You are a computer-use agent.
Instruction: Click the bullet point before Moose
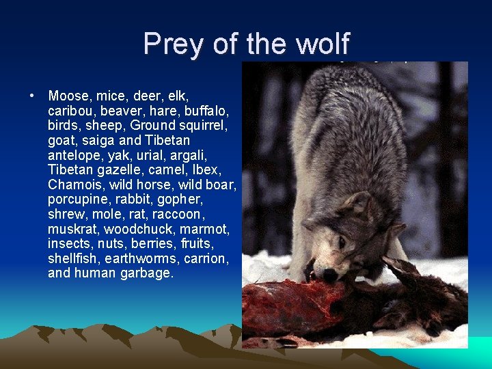click(x=33, y=94)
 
